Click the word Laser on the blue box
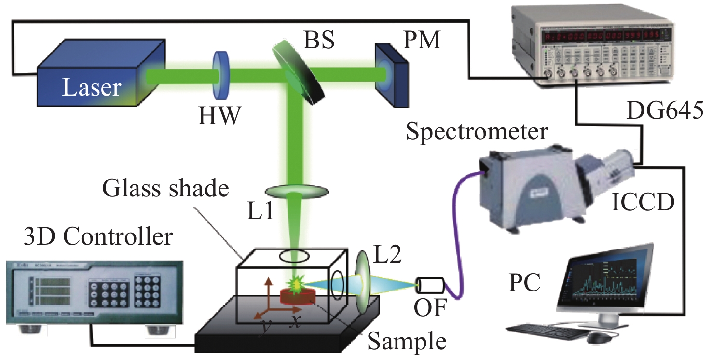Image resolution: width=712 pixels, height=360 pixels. (x=92, y=88)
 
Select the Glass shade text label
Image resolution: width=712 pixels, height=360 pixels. (x=164, y=189)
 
